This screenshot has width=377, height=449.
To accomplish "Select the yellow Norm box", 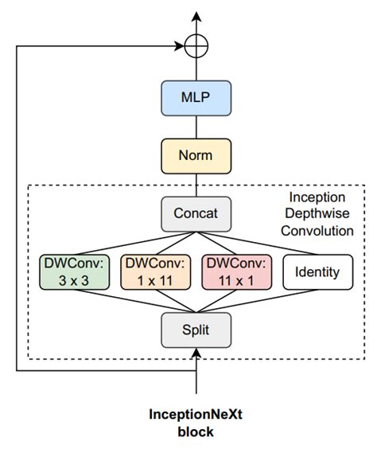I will click(196, 154).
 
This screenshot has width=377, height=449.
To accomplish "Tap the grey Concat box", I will click(196, 213).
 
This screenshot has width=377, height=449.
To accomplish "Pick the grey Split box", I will click(196, 328).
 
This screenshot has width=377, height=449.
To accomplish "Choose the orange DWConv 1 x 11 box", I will click(155, 271).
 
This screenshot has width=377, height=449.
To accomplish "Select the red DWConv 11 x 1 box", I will click(236, 271).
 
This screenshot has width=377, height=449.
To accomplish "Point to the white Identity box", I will click(317, 271).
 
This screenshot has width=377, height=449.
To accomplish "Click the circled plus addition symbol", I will click(196, 45).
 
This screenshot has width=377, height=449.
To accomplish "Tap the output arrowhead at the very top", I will click(196, 16).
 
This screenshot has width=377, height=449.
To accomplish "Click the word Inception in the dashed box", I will click(317, 197).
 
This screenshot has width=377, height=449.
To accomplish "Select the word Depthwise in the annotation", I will click(317, 214).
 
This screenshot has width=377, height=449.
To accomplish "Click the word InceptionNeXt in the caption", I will click(196, 414).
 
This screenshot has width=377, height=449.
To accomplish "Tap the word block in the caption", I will click(196, 432).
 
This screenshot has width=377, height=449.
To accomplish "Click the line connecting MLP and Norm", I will click(196, 127).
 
